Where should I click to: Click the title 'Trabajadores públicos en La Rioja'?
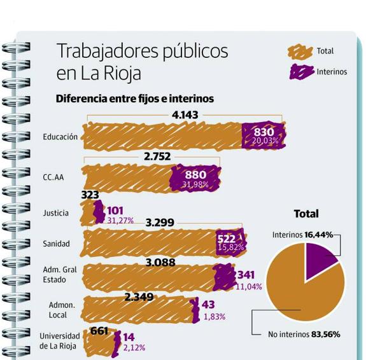[x=141, y=61]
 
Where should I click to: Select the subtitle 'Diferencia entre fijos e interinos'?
[x=134, y=99]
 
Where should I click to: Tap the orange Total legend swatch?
[x=300, y=52]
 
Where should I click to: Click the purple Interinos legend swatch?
[x=301, y=71]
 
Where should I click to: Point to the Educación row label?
[x=60, y=137]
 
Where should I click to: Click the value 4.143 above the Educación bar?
[x=185, y=115]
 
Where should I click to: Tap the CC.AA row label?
[x=53, y=177]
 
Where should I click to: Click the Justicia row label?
[x=55, y=213]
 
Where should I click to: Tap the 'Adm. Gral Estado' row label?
[x=60, y=275]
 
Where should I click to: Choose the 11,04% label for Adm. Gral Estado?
[x=249, y=287]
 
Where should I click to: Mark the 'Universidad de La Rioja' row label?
[x=60, y=341]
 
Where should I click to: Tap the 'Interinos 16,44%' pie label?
[x=302, y=235]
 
